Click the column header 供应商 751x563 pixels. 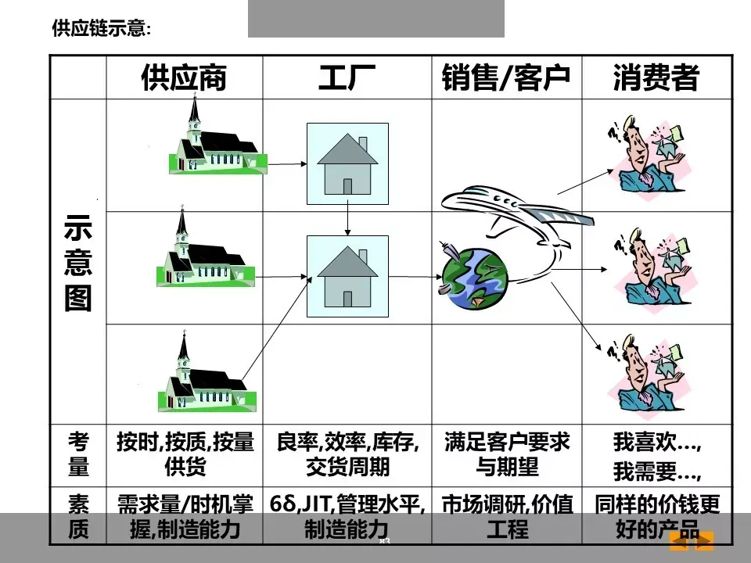pyautogui.click(x=184, y=78)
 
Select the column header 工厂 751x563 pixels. pyautogui.click(x=347, y=78)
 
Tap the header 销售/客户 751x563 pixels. pyautogui.click(x=505, y=78)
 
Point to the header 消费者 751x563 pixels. pyautogui.click(x=656, y=78)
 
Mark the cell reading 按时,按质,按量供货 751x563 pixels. pyautogui.click(x=185, y=454)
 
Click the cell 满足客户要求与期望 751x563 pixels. pyautogui.click(x=507, y=454)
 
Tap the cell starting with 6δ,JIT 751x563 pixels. pyautogui.click(x=347, y=516)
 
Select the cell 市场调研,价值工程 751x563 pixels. pyautogui.click(x=507, y=516)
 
